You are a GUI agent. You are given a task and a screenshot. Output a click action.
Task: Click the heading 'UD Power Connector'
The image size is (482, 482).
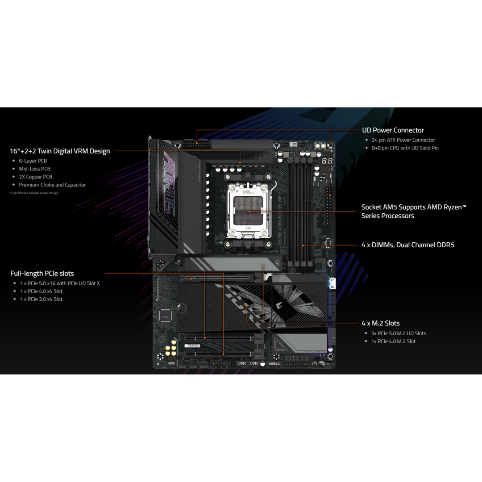tap(393, 130)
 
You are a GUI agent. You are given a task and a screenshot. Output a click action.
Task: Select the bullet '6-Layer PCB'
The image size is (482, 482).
tap(33, 161)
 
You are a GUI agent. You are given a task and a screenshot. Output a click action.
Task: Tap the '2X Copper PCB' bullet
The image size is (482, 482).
tap(35, 177)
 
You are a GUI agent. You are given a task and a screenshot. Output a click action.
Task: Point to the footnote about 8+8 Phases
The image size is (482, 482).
tap(34, 193)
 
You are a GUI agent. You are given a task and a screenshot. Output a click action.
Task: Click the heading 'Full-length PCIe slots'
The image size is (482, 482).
tap(42, 273)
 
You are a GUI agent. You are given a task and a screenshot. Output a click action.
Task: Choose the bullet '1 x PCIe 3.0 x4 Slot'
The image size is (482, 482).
tap(41, 299)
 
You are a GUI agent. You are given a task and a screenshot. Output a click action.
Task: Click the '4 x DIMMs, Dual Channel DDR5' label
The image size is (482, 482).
tap(407, 245)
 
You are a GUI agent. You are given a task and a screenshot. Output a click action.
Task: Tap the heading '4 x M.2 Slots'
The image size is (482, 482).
tap(380, 323)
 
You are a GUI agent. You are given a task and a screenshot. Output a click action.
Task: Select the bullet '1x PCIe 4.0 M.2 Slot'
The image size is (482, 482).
tap(393, 341)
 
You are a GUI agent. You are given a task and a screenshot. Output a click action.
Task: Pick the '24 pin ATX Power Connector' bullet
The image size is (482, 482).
tap(403, 140)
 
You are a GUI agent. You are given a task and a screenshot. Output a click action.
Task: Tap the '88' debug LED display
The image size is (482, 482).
tap(327, 160)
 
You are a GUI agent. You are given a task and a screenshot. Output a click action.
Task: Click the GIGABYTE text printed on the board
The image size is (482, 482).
tap(270, 251)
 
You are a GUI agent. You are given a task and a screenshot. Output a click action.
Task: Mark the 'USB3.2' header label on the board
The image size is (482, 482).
tap(274, 363)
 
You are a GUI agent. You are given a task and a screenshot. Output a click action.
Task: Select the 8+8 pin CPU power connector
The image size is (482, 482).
tap(196, 145)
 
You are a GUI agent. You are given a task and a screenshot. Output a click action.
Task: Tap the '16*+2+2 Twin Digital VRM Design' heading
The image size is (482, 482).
tap(60, 151)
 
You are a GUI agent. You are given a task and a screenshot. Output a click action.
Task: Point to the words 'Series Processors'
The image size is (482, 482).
tap(387, 216)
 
